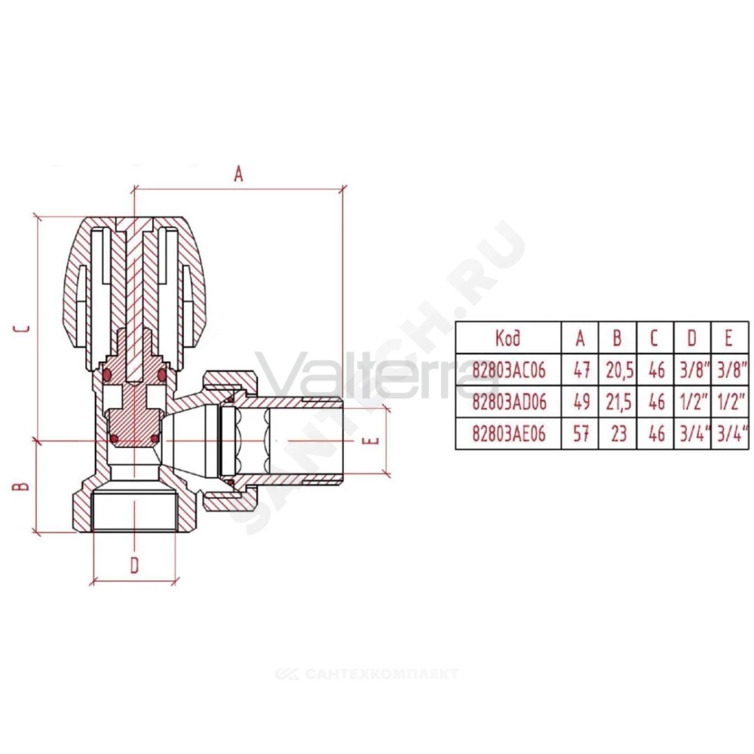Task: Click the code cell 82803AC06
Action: [509, 370]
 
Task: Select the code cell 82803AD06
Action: [509, 402]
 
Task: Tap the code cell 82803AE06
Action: [509, 434]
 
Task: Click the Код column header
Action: [507, 338]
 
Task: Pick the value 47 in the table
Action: [581, 370]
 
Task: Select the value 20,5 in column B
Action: [619, 370]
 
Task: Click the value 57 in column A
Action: [581, 434]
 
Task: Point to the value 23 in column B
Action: [618, 434]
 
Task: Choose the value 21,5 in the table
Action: [619, 402]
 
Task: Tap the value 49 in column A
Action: [581, 402]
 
